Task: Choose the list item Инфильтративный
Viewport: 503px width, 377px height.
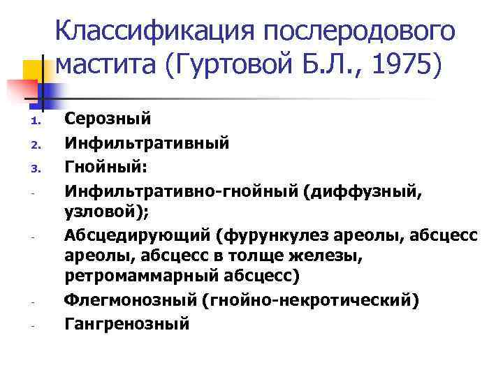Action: click(147, 144)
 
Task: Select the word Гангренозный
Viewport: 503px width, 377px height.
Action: click(126, 324)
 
